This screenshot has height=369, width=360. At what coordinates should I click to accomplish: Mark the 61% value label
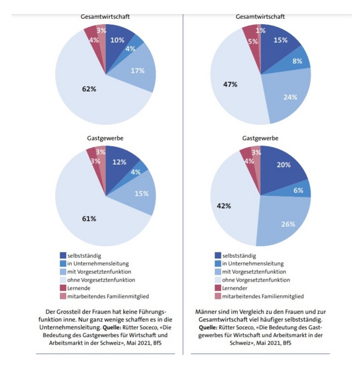(x=90, y=219)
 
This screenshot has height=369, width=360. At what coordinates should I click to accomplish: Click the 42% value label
(x=224, y=205)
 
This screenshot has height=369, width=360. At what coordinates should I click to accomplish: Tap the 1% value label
(x=261, y=31)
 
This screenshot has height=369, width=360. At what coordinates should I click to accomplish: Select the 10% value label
(x=117, y=40)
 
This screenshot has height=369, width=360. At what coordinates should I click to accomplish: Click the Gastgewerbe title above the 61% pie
(x=105, y=138)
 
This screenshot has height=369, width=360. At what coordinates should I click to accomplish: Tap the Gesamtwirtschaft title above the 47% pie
(x=260, y=17)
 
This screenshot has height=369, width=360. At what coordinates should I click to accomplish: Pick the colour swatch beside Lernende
(x=63, y=288)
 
